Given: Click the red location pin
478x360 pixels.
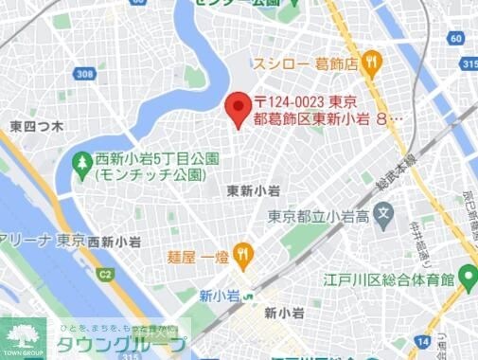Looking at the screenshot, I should click(237, 107).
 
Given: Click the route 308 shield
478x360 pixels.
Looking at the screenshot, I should click(86, 74).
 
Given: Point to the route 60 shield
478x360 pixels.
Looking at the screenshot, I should click(458, 38).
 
